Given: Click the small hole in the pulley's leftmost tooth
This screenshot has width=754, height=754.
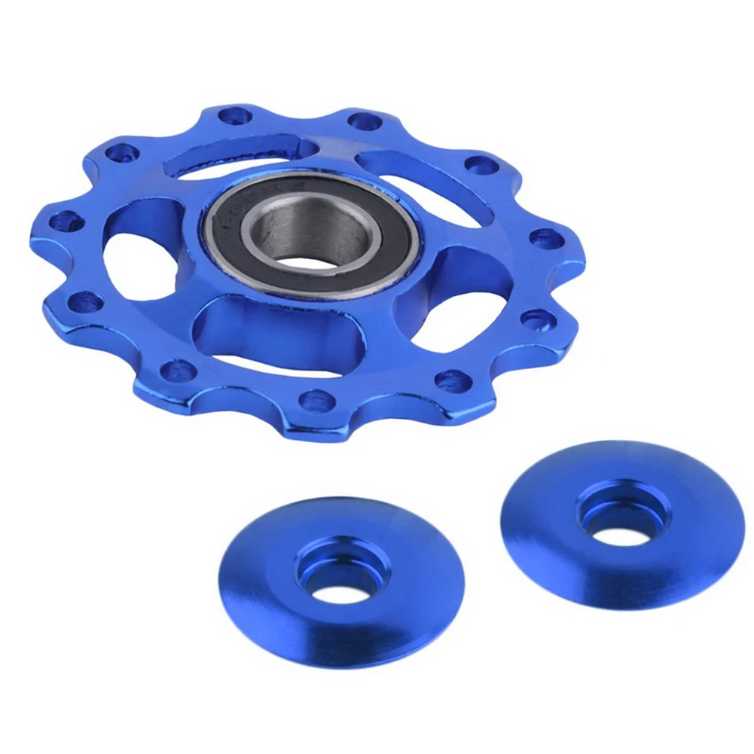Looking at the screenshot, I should (66, 221).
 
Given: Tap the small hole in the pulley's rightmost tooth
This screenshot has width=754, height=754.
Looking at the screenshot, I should (545, 239).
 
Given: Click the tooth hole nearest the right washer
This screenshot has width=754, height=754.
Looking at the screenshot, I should (453, 380).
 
